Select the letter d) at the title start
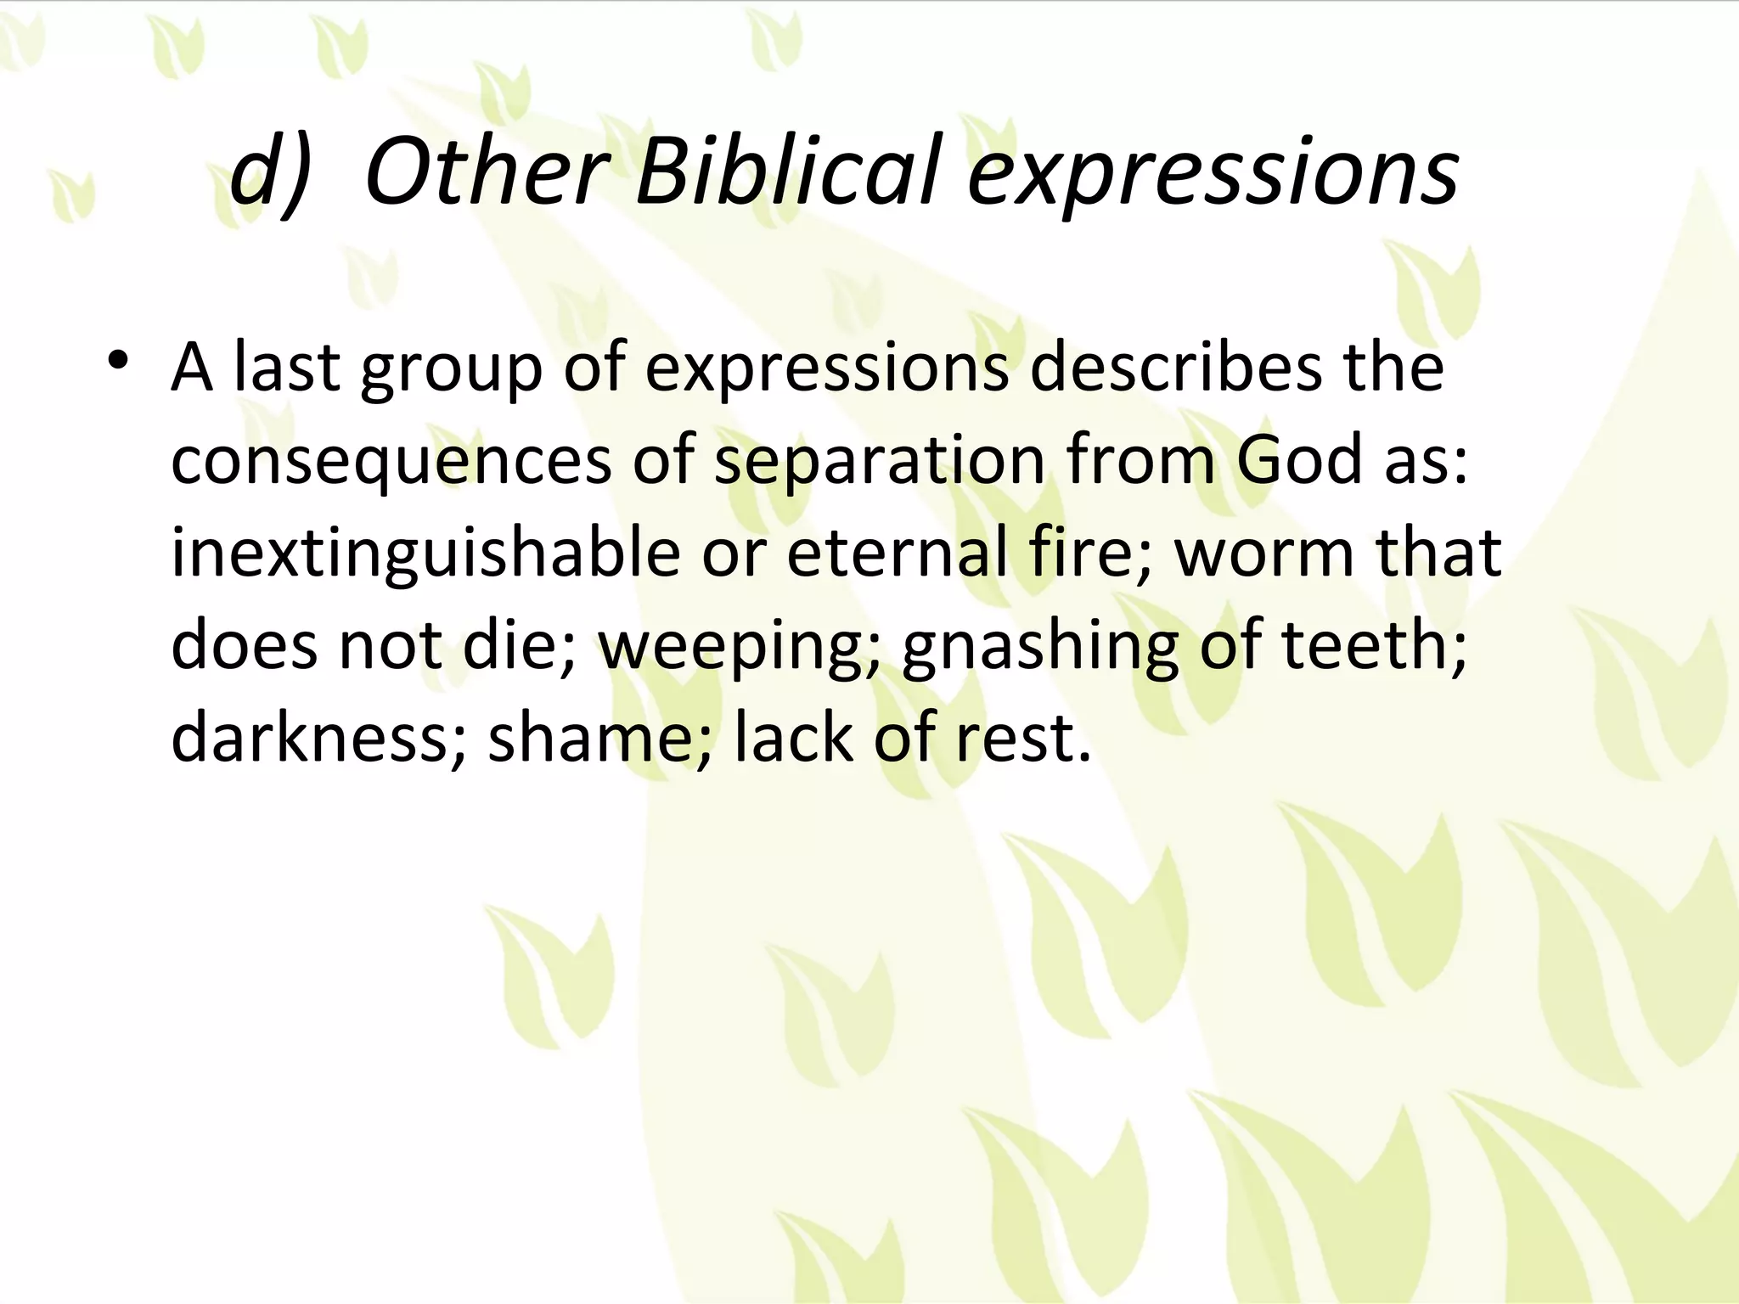[x=270, y=174]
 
